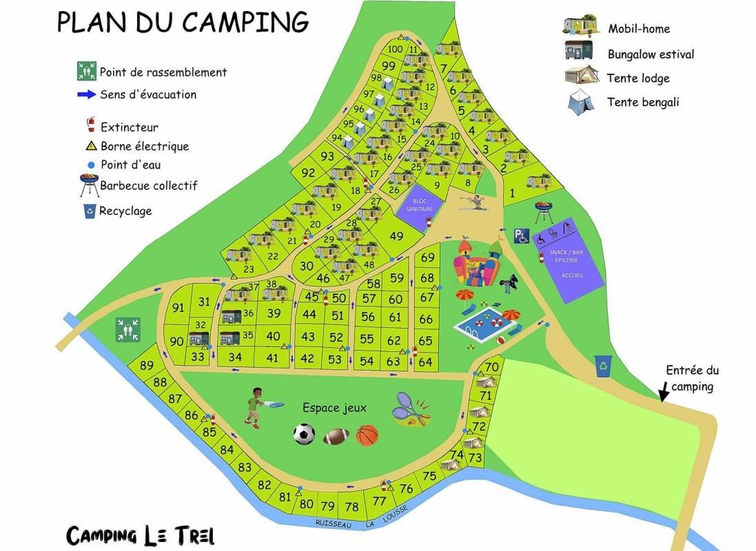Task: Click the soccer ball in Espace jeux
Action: [304, 434]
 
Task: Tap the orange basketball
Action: [367, 435]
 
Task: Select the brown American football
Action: [336, 437]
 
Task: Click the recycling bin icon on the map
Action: [604, 366]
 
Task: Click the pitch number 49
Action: [396, 236]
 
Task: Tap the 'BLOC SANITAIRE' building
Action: [412, 205]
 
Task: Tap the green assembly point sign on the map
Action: [129, 329]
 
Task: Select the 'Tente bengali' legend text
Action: [643, 102]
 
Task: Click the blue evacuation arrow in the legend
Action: [86, 94]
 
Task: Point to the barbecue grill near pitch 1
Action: [544, 209]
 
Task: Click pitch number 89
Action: [146, 366]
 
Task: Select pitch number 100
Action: [395, 49]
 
